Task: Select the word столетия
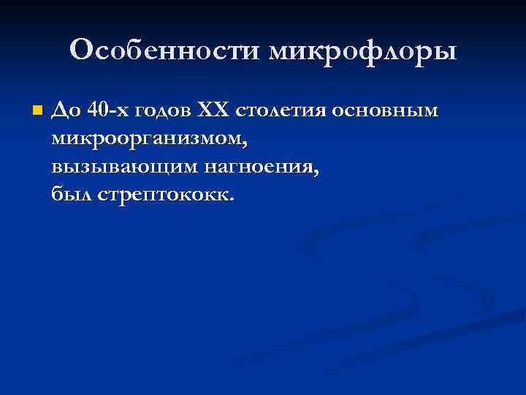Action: click(x=281, y=110)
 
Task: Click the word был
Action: click(x=69, y=195)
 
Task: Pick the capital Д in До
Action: click(x=58, y=110)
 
